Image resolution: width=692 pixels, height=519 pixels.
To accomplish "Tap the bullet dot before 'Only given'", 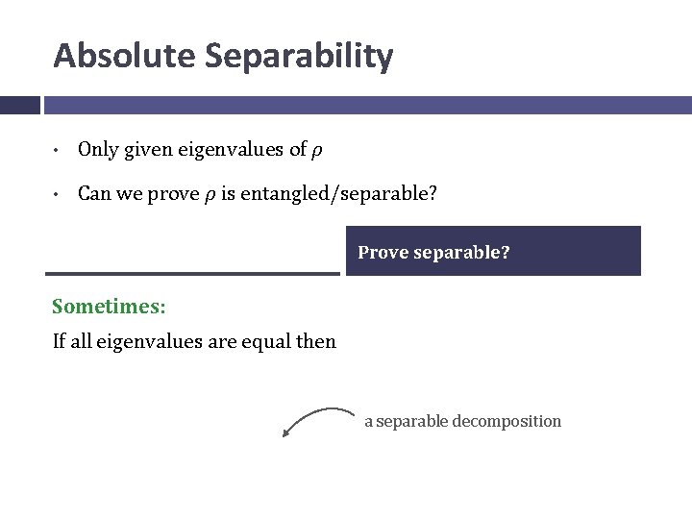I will point(59,151).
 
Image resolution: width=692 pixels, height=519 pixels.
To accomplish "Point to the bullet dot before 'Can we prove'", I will point(59,195).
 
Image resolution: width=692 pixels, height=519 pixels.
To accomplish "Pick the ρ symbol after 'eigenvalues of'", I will point(316,151).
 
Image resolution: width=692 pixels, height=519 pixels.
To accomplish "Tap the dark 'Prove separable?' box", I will point(493,252).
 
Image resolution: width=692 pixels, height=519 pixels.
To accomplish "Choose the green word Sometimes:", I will point(109,307).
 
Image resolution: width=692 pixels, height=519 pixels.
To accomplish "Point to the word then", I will point(317,341).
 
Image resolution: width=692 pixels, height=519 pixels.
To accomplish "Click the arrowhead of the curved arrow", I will point(286,433).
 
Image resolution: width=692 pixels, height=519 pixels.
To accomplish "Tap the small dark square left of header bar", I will point(19,105).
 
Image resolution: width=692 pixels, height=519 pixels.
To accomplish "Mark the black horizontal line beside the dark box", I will point(196,274).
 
